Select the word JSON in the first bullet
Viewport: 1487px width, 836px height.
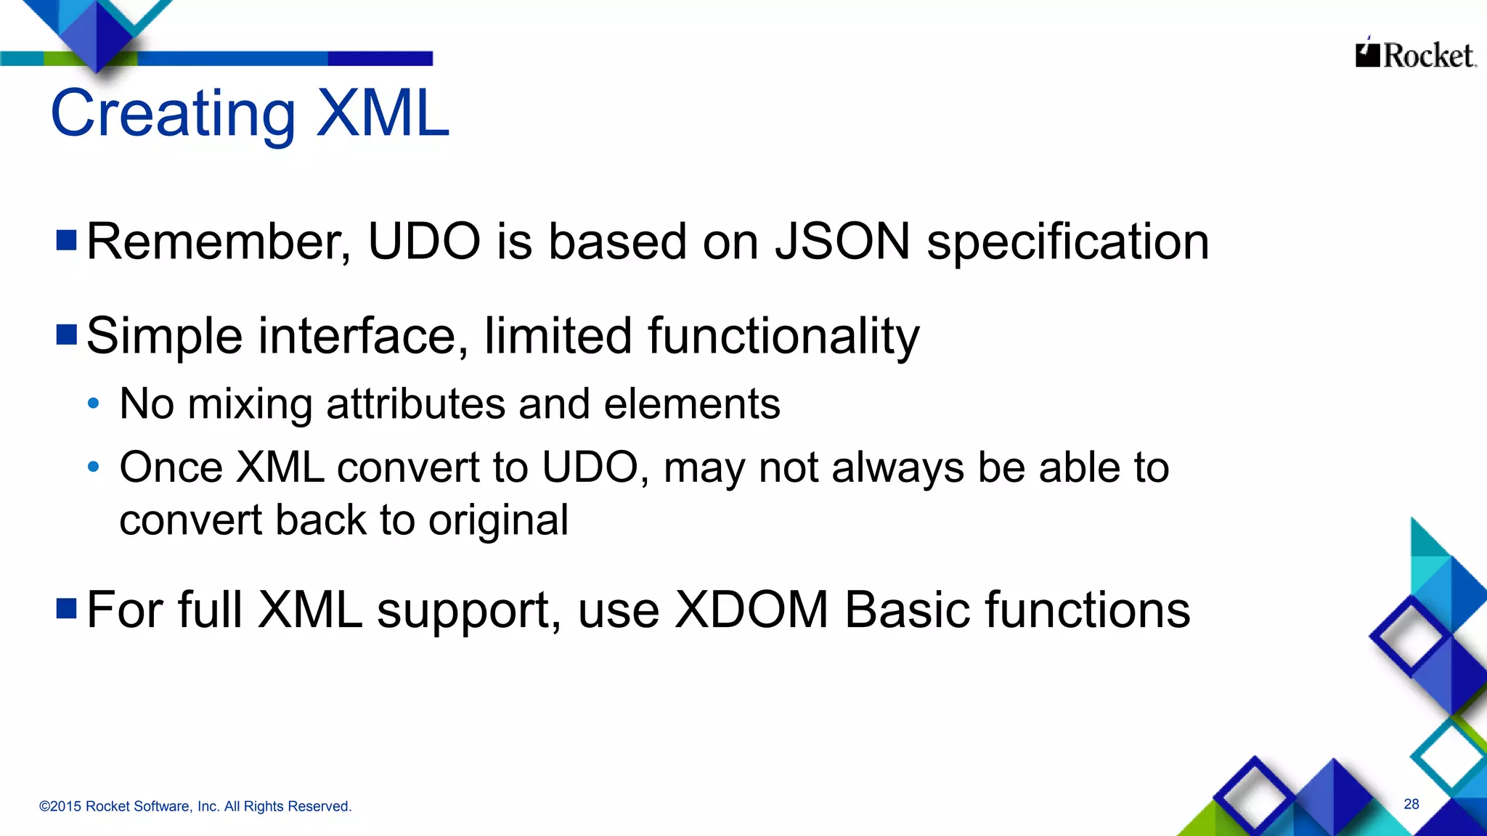(x=842, y=242)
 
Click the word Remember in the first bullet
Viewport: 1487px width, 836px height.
(x=218, y=242)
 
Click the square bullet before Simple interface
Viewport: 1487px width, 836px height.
(x=67, y=335)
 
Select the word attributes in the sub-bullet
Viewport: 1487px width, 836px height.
(x=415, y=404)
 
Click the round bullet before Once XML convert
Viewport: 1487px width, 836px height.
(x=93, y=467)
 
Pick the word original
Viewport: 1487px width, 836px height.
(x=498, y=521)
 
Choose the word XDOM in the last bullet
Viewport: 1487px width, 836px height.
(x=751, y=610)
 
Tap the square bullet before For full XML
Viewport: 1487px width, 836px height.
(x=67, y=609)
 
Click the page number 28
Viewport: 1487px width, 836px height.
(x=1411, y=804)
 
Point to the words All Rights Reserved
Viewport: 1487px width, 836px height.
(x=288, y=806)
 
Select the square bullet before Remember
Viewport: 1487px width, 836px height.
(x=67, y=240)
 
